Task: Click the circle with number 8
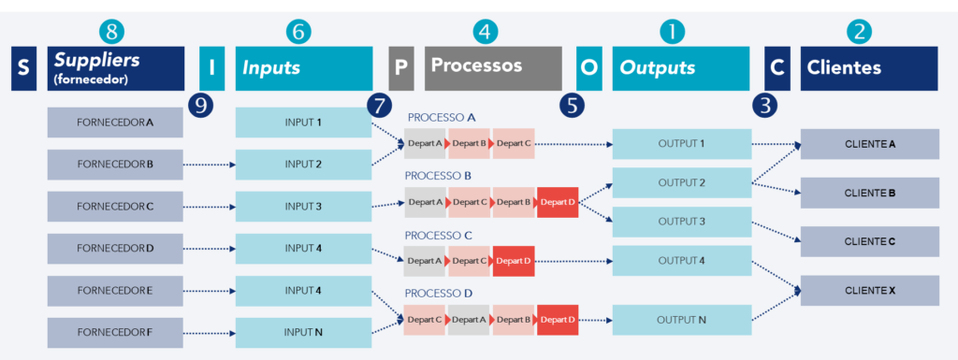coord(111,32)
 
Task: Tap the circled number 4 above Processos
coord(484,32)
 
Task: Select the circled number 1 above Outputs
coord(672,32)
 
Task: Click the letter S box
coord(23,68)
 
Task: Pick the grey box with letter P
coord(400,68)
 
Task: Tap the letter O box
coord(588,68)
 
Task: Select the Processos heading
coord(493,67)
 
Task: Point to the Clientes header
coord(868,68)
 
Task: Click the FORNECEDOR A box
coord(115,122)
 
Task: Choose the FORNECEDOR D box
coord(115,249)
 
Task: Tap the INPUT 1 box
coord(303,122)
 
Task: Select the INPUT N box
coord(303,332)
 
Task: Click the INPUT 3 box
coord(303,207)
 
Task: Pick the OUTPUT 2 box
coord(681,182)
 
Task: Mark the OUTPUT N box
coord(681,321)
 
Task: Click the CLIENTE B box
coord(870,193)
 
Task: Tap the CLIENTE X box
coord(870,291)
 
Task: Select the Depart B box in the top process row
coord(469,143)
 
